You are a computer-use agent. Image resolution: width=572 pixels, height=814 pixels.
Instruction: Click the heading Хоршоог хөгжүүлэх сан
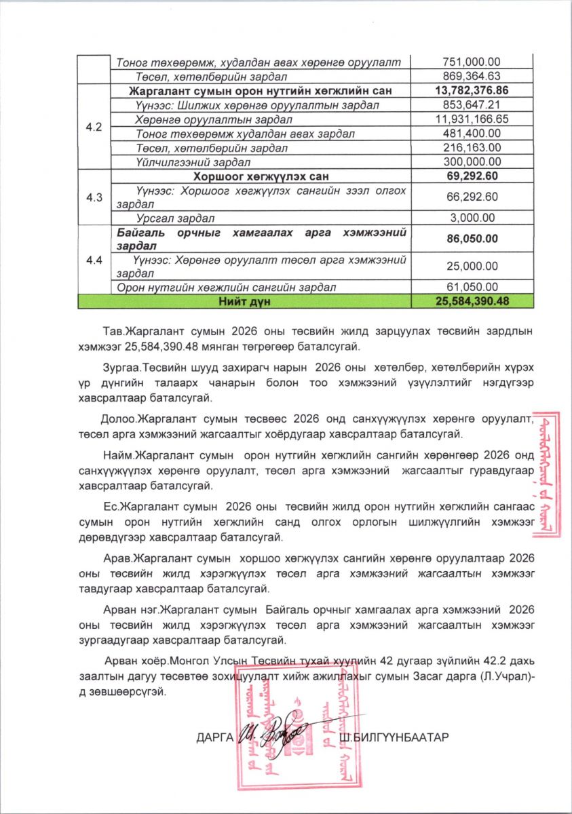click(261, 176)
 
